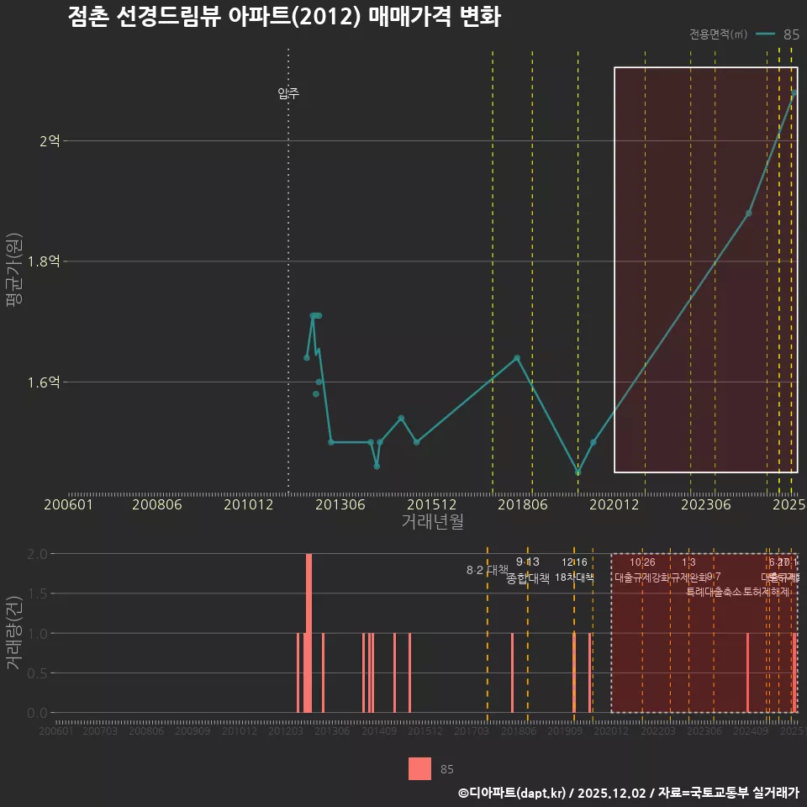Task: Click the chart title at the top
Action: [x=284, y=18]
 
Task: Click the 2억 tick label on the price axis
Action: [x=50, y=141]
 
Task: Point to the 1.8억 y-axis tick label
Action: [x=44, y=261]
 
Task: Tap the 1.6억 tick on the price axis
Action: [x=44, y=382]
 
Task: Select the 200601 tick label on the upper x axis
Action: [x=68, y=504]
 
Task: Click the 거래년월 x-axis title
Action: [x=432, y=522]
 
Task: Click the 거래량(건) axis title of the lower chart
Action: [x=14, y=633]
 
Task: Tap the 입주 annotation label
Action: [x=288, y=93]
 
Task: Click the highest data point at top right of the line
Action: [x=794, y=93]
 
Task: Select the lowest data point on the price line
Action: [x=578, y=472]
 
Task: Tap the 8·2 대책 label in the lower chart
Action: [x=482, y=570]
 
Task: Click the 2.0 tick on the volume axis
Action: [x=37, y=554]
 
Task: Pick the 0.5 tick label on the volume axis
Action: [x=37, y=673]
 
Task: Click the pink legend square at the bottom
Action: [x=419, y=768]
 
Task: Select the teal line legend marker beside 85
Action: [x=765, y=34]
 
